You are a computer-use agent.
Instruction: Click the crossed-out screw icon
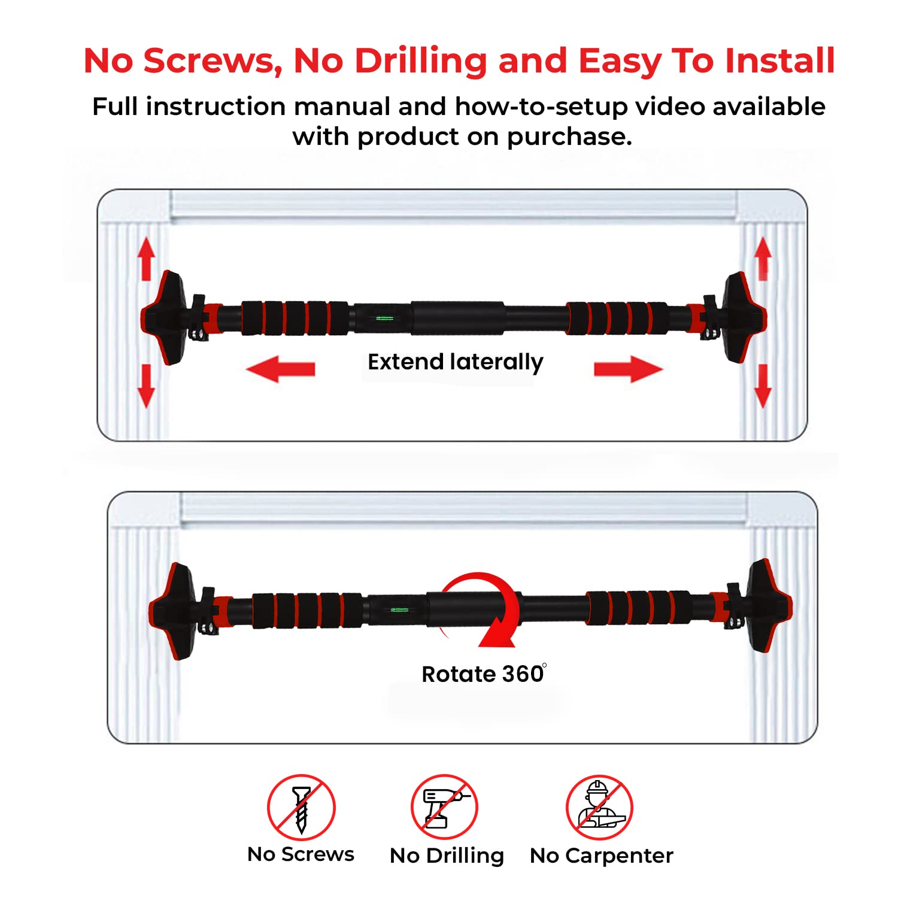point(301,808)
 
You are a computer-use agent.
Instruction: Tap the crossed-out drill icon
point(444,808)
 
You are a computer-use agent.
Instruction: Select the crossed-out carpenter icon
point(599,808)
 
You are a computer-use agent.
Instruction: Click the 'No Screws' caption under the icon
point(301,854)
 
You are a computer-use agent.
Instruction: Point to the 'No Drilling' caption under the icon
point(447,856)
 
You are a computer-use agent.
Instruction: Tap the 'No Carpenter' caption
point(602,856)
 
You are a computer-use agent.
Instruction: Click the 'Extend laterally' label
point(456,362)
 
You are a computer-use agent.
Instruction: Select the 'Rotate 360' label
point(484,674)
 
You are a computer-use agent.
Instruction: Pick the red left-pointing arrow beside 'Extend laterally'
point(280,369)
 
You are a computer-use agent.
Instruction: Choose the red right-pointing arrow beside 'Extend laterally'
point(629,369)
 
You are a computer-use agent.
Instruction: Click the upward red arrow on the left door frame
point(146,259)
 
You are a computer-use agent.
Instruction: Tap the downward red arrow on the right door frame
point(763,386)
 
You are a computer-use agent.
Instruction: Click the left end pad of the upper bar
point(163,317)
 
